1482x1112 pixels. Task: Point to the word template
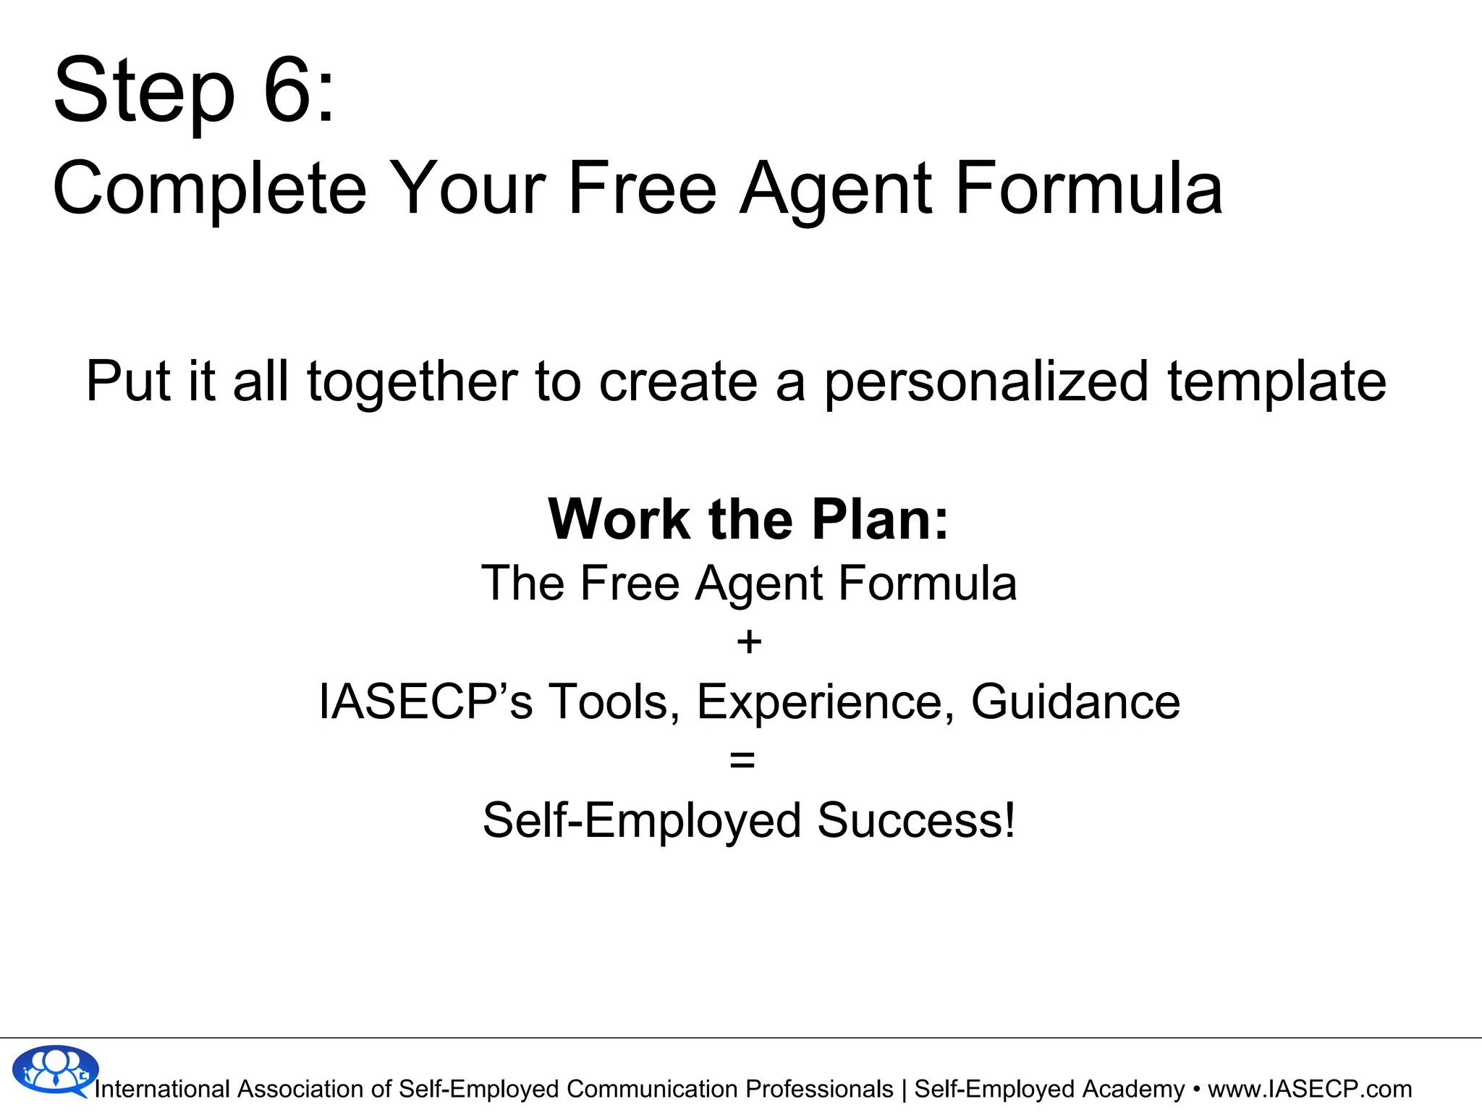point(1276,382)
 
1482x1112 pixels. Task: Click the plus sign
point(749,642)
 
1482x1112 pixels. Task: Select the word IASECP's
point(425,702)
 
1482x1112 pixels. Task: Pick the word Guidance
point(1075,702)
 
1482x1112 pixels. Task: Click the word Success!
point(916,820)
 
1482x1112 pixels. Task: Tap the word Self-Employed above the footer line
point(642,820)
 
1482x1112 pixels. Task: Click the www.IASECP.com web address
point(1310,1089)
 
